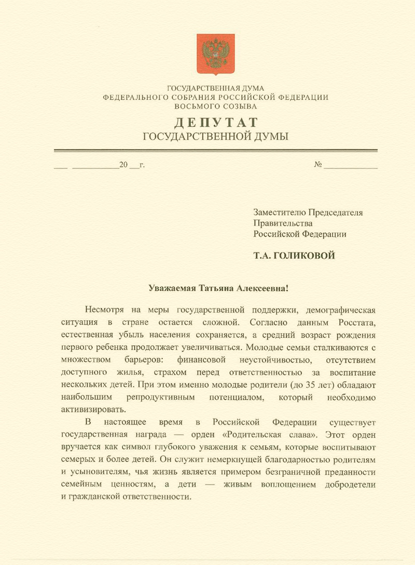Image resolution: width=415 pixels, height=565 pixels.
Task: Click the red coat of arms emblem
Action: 215,54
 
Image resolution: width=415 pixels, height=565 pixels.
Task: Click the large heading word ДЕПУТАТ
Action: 215,123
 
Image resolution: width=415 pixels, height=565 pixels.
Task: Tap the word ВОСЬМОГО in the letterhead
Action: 198,106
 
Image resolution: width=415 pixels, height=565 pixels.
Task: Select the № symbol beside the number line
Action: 318,165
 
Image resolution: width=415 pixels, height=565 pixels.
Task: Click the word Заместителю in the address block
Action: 280,212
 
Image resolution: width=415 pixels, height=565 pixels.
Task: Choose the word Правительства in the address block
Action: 283,223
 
